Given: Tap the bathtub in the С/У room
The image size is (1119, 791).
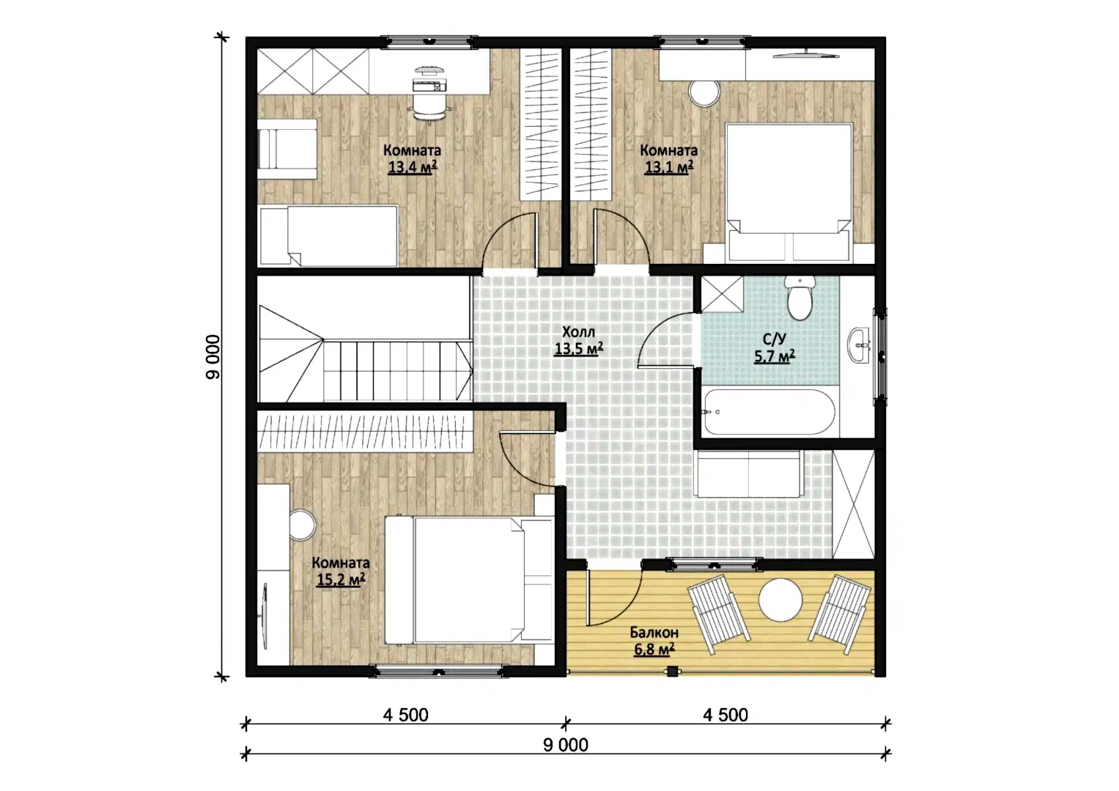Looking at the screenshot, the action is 769,412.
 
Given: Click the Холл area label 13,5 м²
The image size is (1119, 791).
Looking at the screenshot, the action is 578,348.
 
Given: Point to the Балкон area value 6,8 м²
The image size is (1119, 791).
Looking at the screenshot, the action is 654,649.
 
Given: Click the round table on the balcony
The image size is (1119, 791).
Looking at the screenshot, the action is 780,599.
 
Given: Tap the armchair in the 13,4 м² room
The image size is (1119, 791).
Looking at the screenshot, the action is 287,148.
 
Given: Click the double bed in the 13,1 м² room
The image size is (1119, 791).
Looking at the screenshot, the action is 789,192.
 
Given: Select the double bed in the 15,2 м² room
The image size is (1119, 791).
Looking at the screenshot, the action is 469,580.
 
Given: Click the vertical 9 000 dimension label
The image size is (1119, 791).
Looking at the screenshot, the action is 213,357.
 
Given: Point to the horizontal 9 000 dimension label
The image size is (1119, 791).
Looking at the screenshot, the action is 566,745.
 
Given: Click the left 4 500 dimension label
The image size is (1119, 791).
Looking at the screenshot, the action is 406,715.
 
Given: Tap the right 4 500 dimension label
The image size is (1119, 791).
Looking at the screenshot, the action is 725,715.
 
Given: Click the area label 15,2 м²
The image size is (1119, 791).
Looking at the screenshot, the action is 341,579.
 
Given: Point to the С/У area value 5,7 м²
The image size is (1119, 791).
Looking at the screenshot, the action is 775,356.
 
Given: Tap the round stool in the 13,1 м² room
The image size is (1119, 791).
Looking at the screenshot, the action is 704,93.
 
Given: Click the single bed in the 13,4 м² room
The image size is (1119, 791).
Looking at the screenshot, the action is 328,236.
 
